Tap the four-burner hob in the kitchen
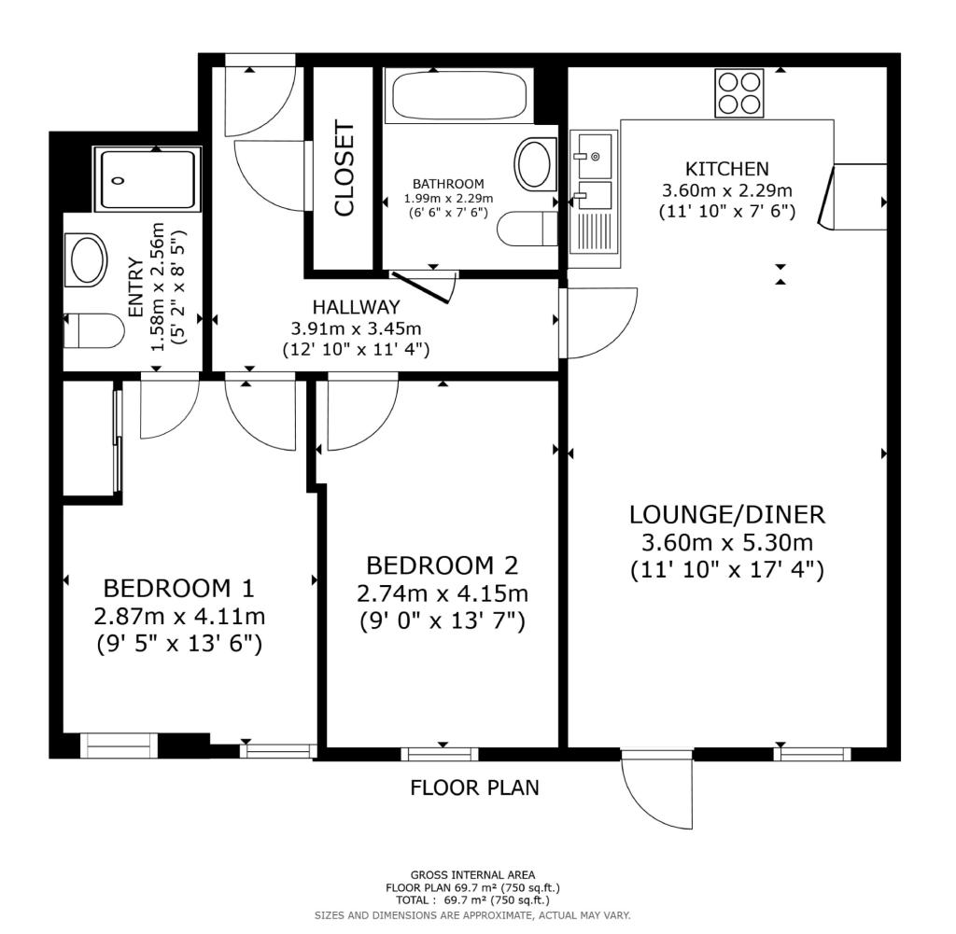(739, 93)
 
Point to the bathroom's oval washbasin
(536, 163)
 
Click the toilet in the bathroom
(527, 229)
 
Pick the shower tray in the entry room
(147, 180)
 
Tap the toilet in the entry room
(94, 331)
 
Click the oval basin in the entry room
(86, 259)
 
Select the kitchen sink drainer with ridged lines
(595, 232)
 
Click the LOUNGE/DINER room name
(727, 515)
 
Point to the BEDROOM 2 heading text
(442, 566)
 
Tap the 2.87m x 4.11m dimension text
(179, 616)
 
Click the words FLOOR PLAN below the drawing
(475, 788)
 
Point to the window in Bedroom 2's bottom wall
(440, 754)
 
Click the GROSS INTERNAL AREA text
(472, 875)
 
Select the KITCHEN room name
(727, 169)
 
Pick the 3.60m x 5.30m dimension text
(727, 542)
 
